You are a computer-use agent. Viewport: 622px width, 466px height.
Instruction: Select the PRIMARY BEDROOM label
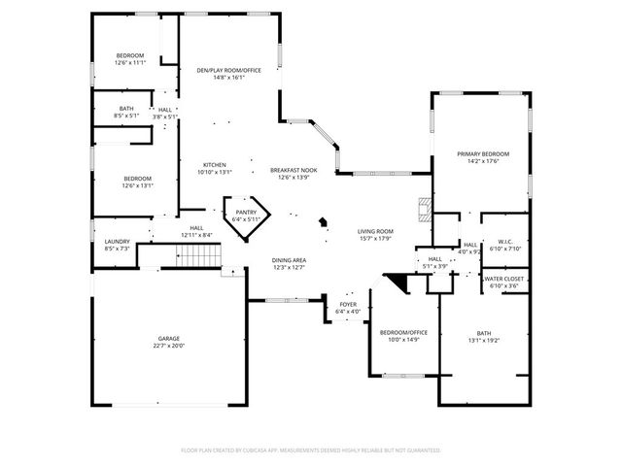coord(483,154)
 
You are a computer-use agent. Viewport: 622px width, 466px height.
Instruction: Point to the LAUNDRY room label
coord(117,242)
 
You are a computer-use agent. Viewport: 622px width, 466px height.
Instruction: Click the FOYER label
coord(348,305)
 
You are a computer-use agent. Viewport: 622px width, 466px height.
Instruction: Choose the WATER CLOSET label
coord(502,279)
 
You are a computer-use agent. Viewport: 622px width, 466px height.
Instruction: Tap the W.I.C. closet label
coord(504,241)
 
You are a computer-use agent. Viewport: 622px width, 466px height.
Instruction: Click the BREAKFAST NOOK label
coord(294,170)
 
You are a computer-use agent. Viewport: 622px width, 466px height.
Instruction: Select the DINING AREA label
coord(289,260)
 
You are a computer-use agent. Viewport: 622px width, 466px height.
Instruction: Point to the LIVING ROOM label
coord(374,231)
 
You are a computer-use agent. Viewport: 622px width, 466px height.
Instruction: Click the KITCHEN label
coord(215,165)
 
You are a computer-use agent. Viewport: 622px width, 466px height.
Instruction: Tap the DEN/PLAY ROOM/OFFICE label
coord(228,71)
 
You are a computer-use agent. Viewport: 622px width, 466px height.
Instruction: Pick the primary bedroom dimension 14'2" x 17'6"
coord(483,162)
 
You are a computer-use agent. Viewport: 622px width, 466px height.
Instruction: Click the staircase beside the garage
coord(198,256)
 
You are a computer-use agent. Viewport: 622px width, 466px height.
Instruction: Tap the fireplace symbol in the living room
coord(423,210)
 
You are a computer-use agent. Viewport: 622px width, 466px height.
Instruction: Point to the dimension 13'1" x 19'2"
coord(483,340)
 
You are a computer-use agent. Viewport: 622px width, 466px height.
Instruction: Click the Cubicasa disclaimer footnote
coord(311,450)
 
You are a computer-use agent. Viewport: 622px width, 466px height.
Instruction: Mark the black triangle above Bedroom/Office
coord(397,283)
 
